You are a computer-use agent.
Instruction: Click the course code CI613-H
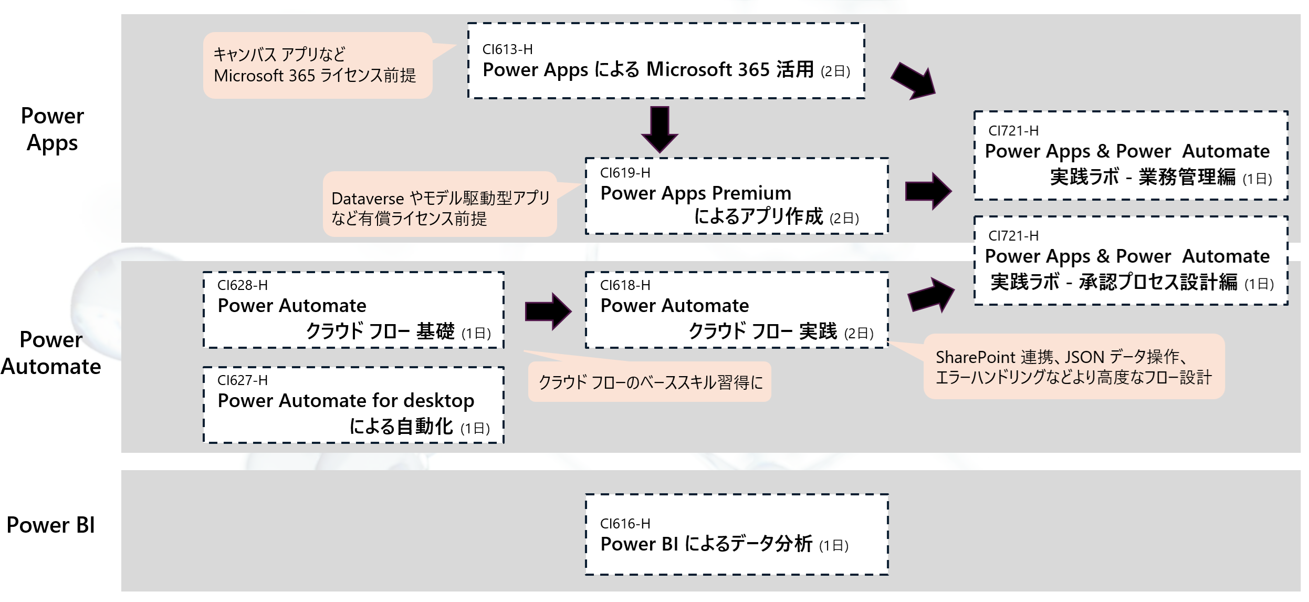(507, 49)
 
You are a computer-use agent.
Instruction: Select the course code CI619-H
(625, 173)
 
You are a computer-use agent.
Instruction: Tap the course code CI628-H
(242, 285)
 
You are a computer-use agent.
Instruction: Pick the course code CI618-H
(625, 285)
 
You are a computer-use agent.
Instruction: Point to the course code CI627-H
(242, 380)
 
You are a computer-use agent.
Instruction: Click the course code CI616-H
(625, 524)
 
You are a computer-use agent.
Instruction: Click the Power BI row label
(50, 525)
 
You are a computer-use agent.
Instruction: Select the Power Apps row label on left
(52, 129)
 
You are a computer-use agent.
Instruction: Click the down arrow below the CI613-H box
(659, 129)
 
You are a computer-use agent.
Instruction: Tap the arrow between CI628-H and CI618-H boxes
(548, 311)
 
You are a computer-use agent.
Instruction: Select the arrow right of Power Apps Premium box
(928, 191)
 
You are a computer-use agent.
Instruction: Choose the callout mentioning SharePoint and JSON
(1073, 367)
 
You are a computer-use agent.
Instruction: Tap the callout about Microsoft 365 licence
(317, 65)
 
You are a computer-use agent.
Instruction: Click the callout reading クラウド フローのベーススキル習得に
(650, 382)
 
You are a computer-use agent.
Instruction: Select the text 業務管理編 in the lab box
(1187, 177)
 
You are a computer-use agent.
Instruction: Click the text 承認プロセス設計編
(1158, 282)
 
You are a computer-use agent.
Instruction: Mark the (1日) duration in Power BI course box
(833, 546)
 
